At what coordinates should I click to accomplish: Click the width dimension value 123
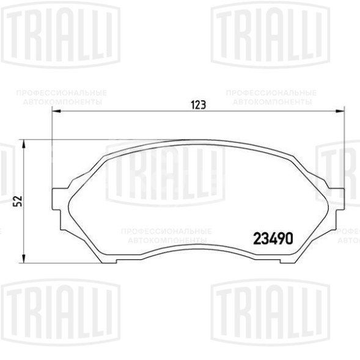(x=197, y=105)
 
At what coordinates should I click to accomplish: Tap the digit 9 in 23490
(x=282, y=238)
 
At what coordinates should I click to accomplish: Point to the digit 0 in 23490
(x=292, y=238)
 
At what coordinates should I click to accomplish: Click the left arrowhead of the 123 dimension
(x=56, y=111)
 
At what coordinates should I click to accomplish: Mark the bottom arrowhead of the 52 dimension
(x=23, y=257)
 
